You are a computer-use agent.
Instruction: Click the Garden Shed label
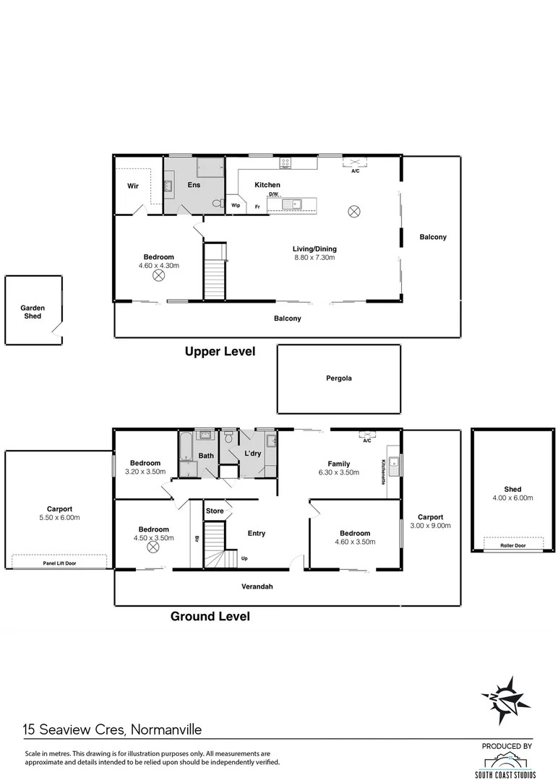[x=33, y=312]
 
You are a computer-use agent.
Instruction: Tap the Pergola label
[x=338, y=378]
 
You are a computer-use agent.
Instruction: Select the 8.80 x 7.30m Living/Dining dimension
[x=314, y=258]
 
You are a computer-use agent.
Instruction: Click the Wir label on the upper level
[x=133, y=186]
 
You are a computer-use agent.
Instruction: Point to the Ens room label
[x=194, y=185]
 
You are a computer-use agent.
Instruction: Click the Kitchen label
[x=267, y=185]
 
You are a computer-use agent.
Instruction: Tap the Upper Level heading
[x=220, y=352]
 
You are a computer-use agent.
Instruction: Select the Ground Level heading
[x=210, y=616]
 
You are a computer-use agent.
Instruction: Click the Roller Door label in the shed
[x=512, y=546]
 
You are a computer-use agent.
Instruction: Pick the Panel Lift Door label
[x=59, y=561]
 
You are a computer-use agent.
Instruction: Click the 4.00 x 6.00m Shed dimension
[x=512, y=498]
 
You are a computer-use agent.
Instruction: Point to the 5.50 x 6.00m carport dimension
[x=59, y=518]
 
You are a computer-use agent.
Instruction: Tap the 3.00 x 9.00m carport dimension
[x=430, y=526]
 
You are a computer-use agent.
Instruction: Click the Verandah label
[x=257, y=586]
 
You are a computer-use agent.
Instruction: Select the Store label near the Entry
[x=215, y=511]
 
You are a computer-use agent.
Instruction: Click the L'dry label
[x=252, y=454]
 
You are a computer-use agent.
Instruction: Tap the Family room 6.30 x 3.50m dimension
[x=339, y=473]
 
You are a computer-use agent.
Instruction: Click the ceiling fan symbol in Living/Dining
[x=353, y=211]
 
